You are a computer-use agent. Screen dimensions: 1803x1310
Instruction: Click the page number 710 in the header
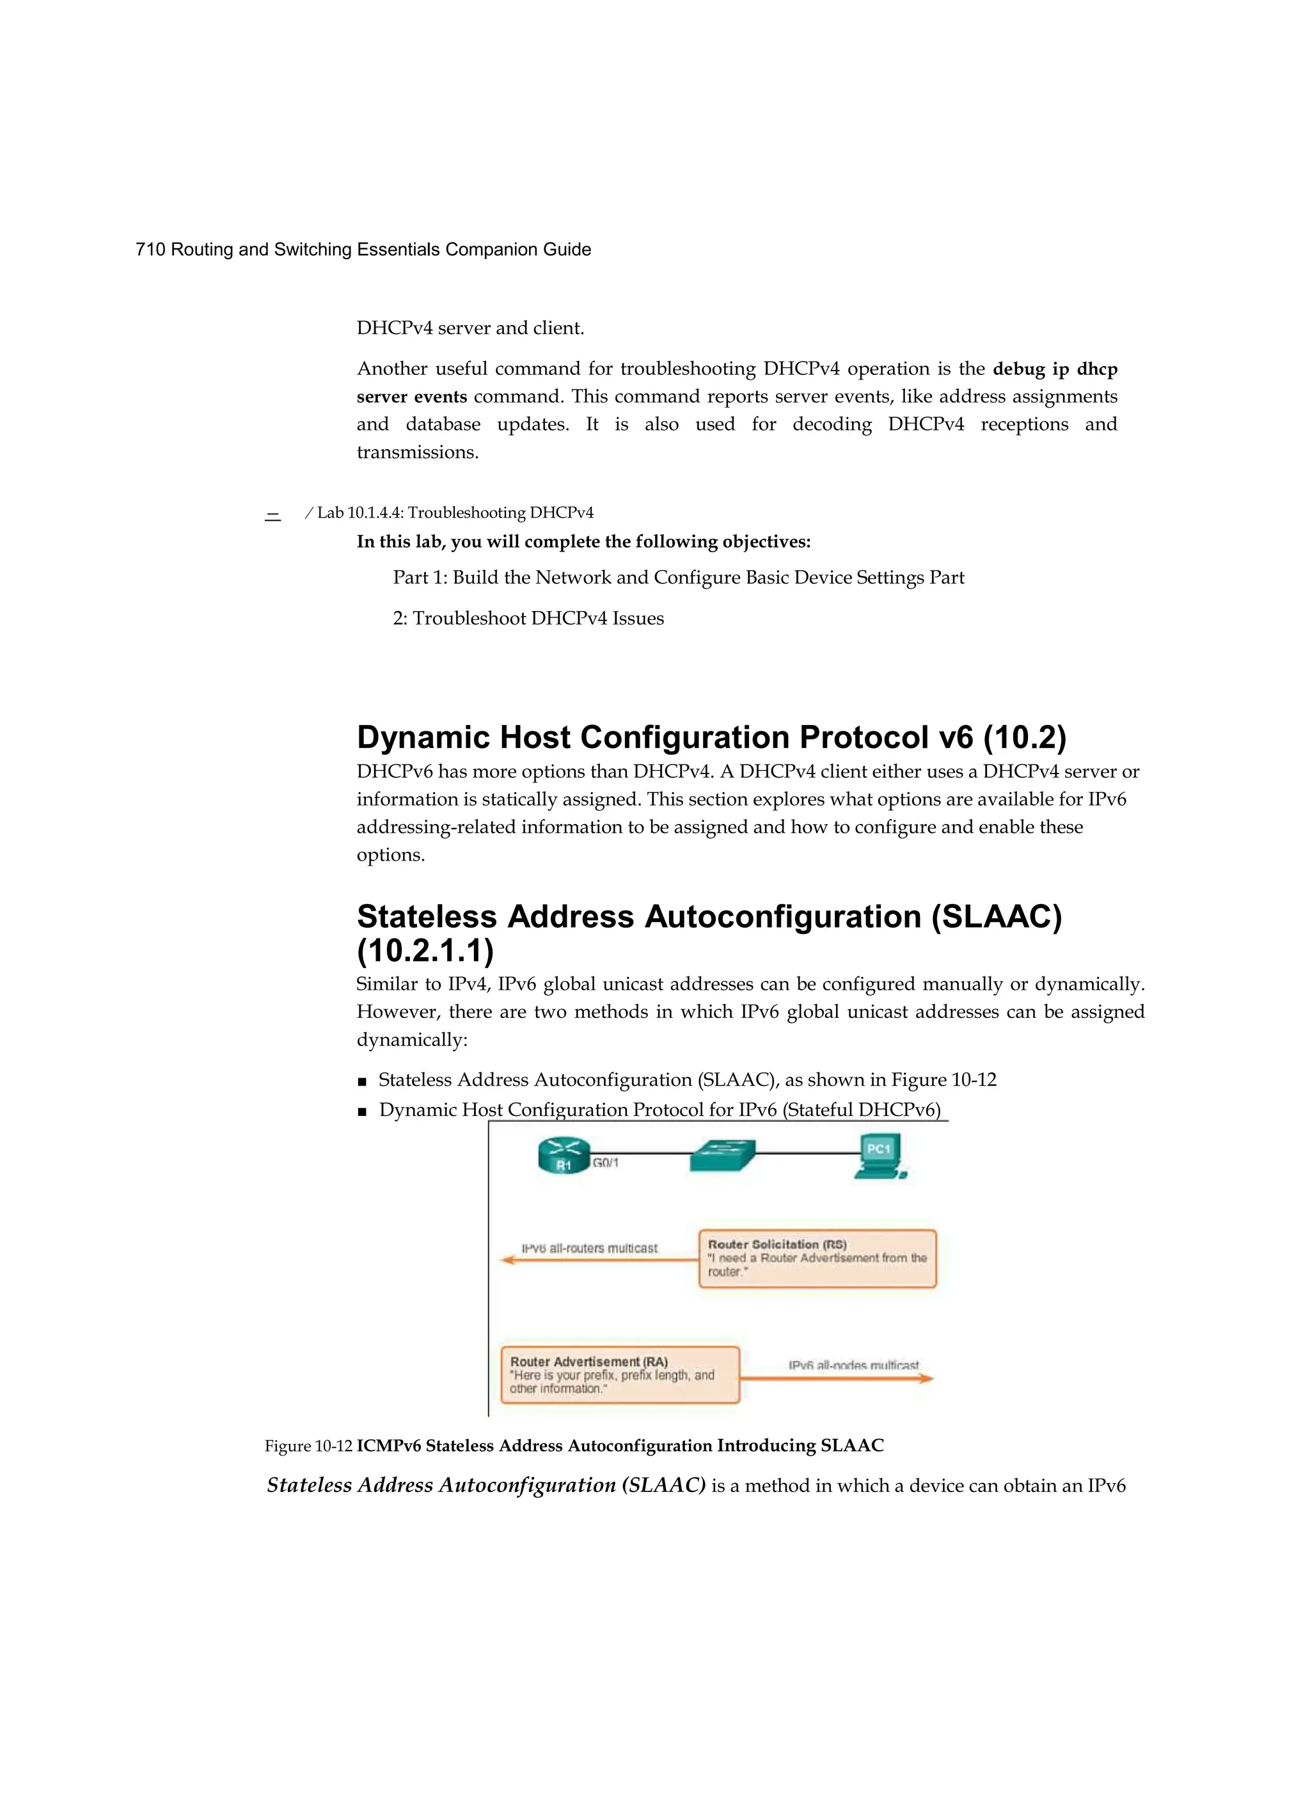[150, 250]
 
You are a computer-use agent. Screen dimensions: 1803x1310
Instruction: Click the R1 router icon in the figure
[564, 1154]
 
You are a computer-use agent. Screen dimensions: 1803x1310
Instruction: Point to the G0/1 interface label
[606, 1163]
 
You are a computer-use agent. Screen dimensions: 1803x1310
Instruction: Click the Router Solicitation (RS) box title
[777, 1244]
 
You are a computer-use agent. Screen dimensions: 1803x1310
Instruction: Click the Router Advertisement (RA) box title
[588, 1362]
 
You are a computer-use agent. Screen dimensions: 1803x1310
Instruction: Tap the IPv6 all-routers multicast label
[589, 1248]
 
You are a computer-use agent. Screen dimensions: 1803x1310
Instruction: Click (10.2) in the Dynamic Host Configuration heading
[1024, 738]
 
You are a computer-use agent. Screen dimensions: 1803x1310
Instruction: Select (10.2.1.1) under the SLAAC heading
[425, 951]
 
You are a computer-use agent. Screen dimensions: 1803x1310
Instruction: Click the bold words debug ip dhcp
[1055, 369]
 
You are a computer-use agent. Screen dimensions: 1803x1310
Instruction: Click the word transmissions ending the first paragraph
[417, 452]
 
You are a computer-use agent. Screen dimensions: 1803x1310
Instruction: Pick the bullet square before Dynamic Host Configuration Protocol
[363, 1111]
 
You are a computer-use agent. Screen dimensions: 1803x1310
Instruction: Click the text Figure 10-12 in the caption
[308, 1445]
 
